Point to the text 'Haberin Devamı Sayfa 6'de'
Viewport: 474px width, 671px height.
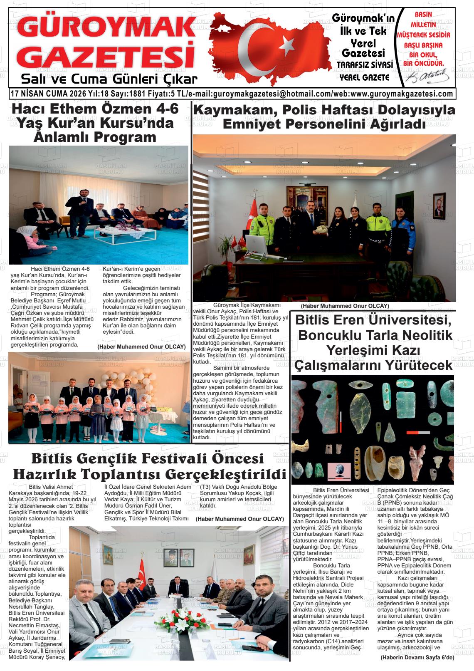pos(417,658)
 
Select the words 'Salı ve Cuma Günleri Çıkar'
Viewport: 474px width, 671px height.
pos(109,79)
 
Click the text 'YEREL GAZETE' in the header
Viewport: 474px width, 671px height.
pos(364,77)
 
